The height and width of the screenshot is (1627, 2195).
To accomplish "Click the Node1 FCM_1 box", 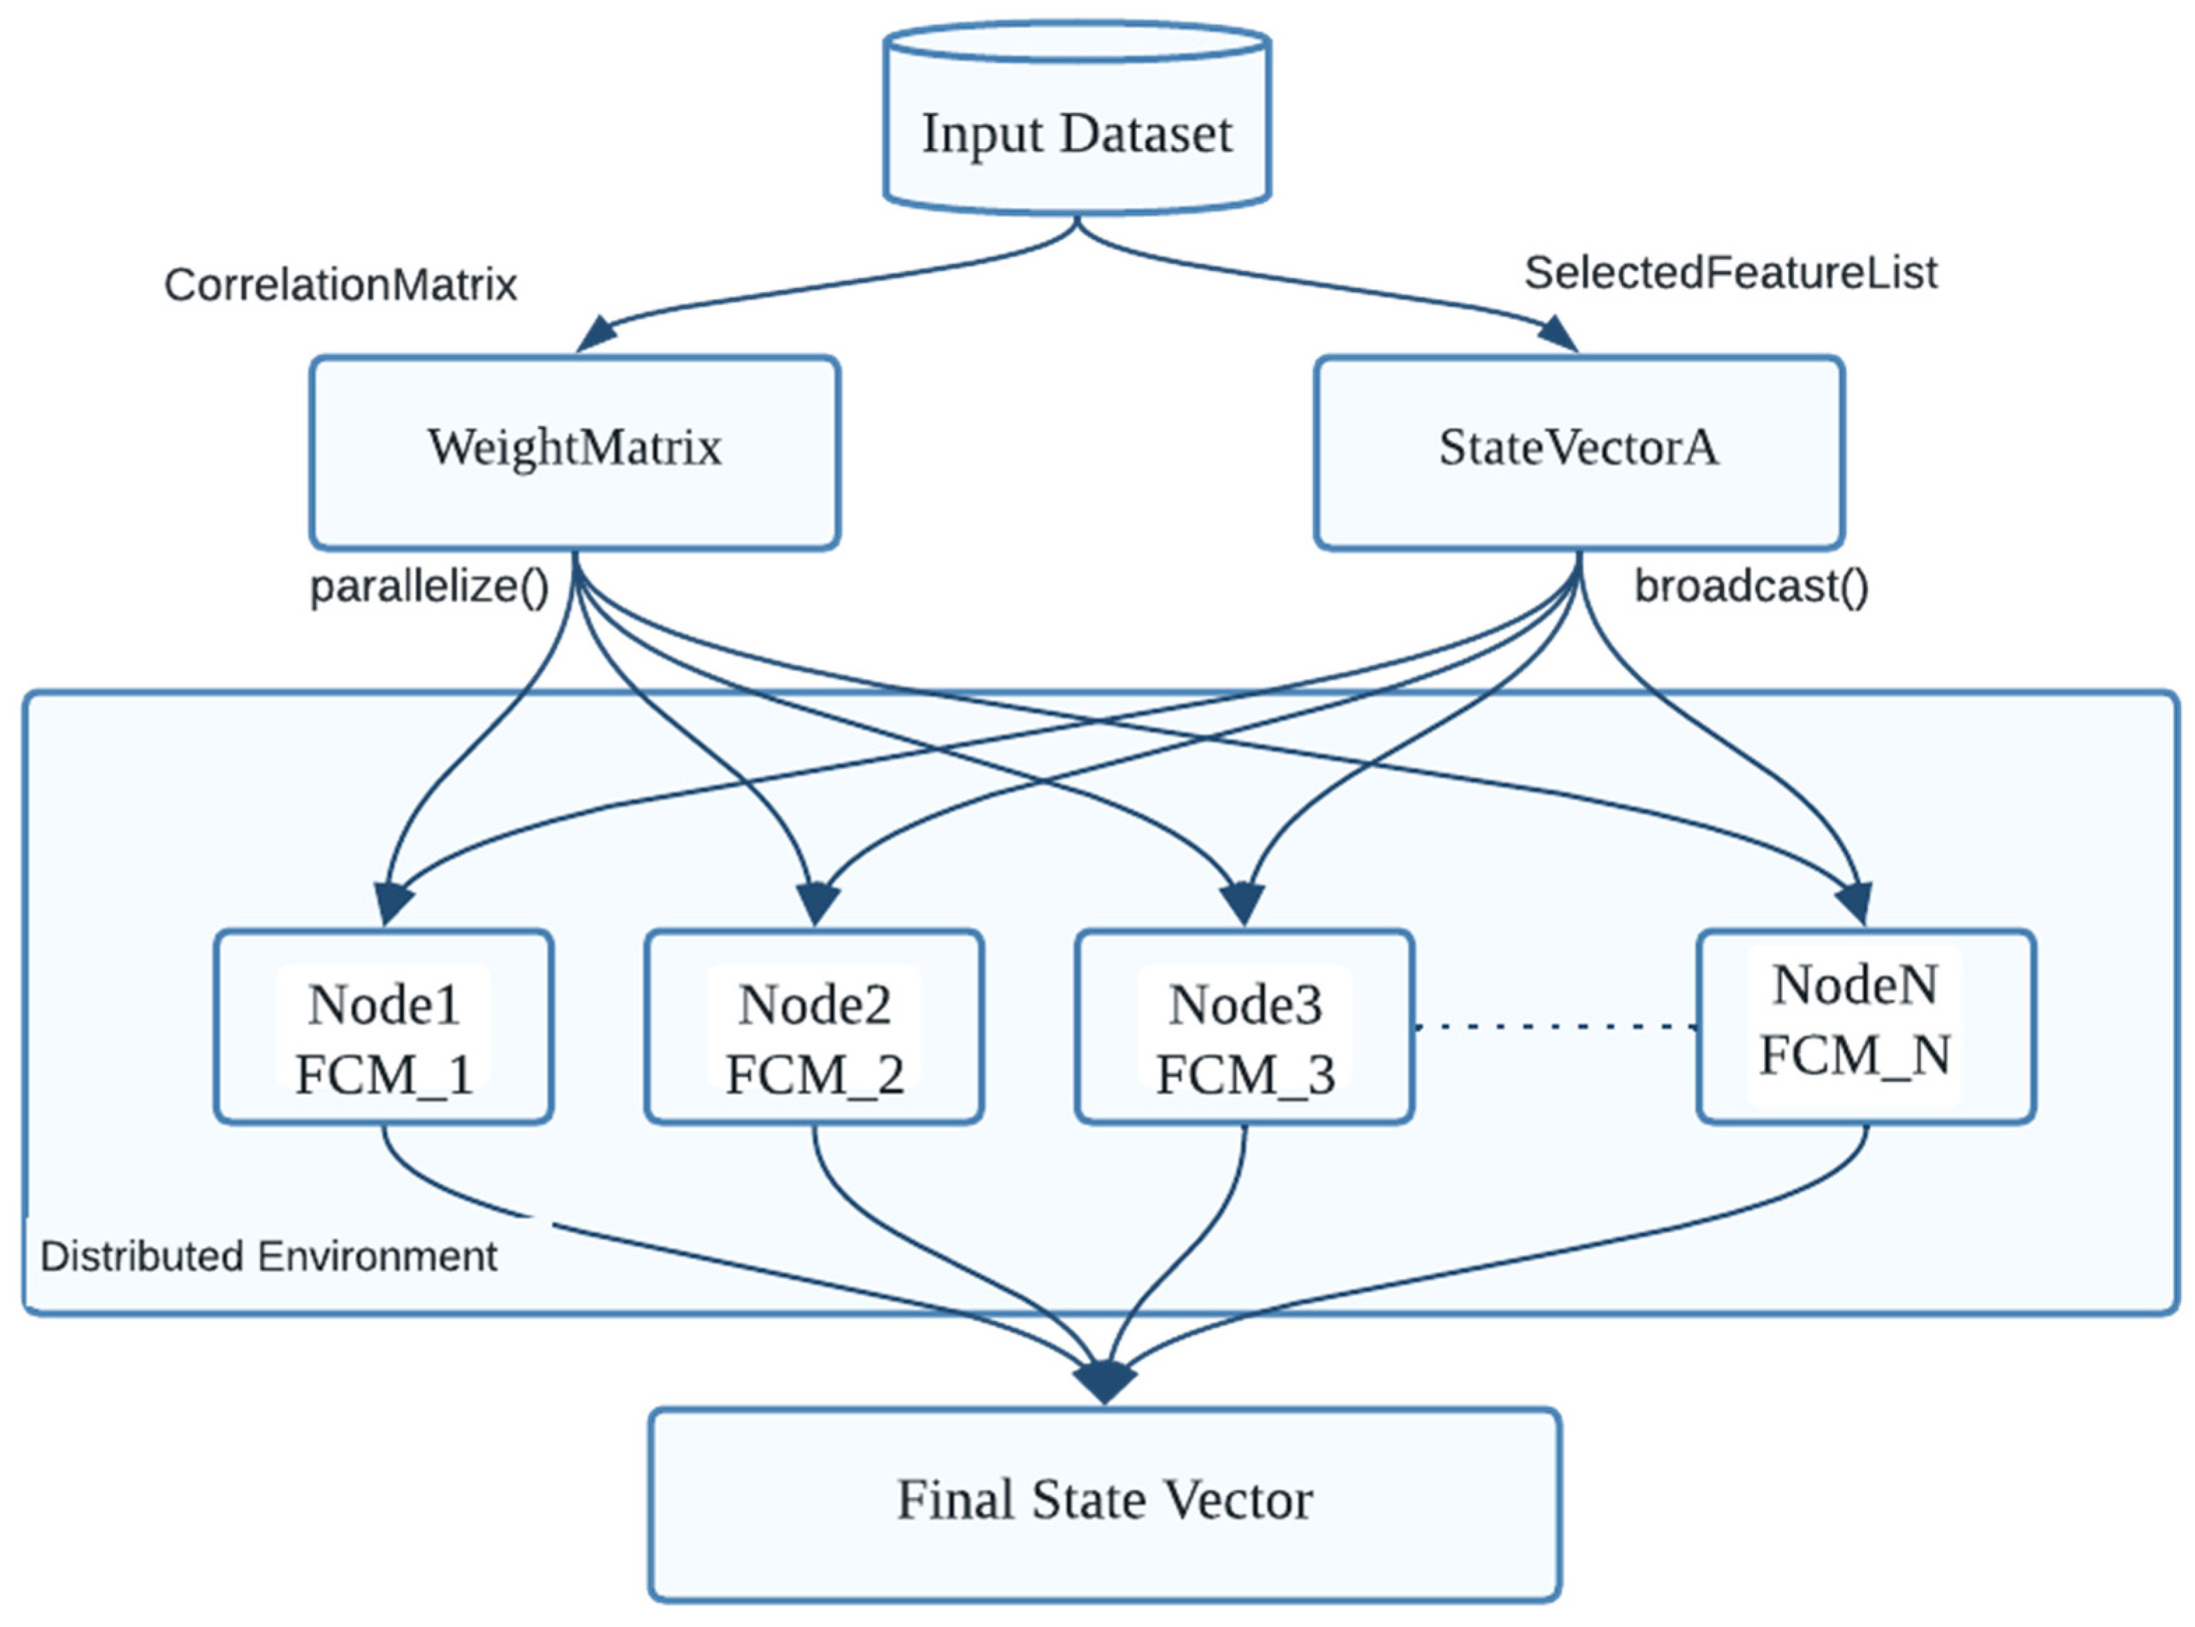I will (x=383, y=1026).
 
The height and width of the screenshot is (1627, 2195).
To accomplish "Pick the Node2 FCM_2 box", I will (x=813, y=1026).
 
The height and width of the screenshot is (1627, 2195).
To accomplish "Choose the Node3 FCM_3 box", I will (x=1245, y=1026).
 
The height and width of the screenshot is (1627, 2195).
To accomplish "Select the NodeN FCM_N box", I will (x=1865, y=1026).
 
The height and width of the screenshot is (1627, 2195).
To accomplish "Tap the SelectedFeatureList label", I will (x=1730, y=273).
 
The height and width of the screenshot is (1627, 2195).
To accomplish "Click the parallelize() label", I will (x=428, y=587).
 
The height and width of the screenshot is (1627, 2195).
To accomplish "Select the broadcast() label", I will (x=1751, y=587).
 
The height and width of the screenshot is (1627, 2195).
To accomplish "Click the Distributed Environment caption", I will (x=268, y=1257).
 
